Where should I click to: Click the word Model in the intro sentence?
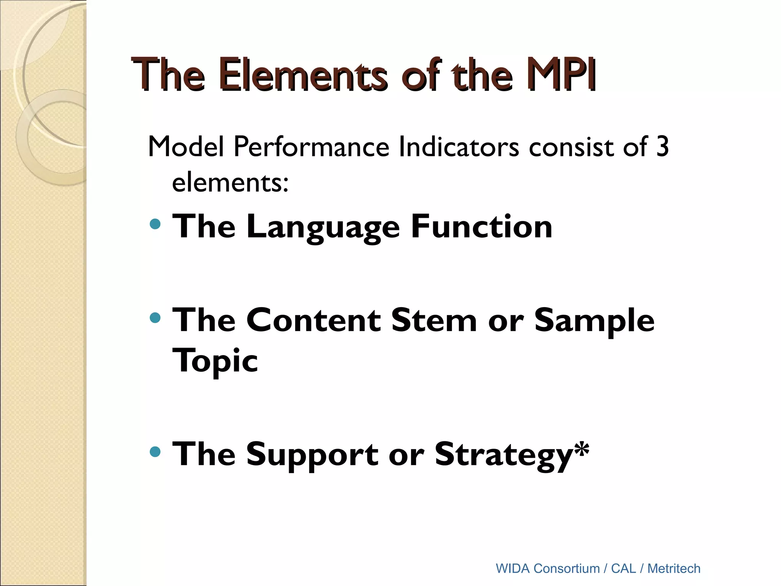click(x=186, y=147)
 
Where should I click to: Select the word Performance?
click(x=311, y=147)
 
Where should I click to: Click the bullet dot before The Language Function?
click(x=155, y=224)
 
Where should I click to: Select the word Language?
click(x=323, y=227)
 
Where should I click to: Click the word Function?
click(x=481, y=227)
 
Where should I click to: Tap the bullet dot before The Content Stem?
click(x=155, y=317)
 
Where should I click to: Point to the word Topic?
click(x=215, y=361)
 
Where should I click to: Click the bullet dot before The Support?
click(x=155, y=452)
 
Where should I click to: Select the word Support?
click(x=312, y=455)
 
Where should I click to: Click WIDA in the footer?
click(x=513, y=568)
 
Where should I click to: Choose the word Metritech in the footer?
click(x=674, y=568)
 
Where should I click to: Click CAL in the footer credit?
click(x=624, y=568)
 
